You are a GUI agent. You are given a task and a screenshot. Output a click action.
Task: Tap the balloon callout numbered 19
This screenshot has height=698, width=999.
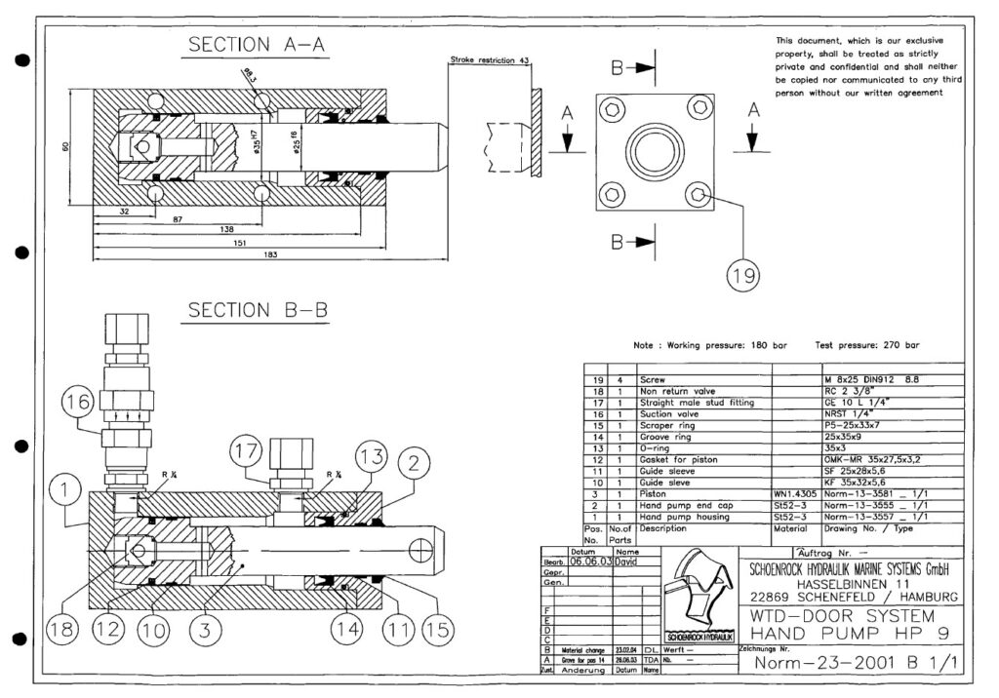coord(742,276)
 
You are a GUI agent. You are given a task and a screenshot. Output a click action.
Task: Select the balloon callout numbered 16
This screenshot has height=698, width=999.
coord(81,401)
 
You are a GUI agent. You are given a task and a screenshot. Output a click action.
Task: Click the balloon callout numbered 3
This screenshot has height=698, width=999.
coord(200,631)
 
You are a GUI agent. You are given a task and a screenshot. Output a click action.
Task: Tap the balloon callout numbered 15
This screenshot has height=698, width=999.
coord(437,631)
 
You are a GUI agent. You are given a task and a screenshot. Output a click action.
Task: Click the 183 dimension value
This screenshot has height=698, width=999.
coord(270,255)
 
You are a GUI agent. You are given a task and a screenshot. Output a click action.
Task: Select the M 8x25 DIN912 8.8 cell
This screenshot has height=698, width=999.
coord(877,378)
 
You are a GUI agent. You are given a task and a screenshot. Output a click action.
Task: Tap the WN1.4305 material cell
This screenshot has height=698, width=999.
coord(796,493)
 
